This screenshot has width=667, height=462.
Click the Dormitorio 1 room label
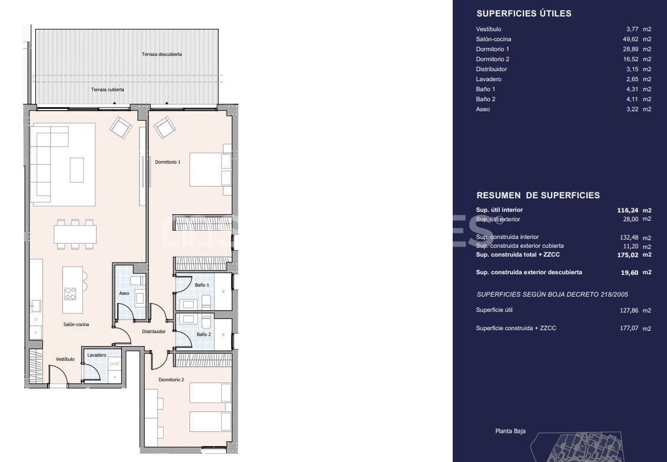(167, 162)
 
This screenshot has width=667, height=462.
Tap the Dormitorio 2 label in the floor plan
(171, 380)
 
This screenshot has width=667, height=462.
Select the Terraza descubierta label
(161, 54)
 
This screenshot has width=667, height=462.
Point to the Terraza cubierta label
(107, 90)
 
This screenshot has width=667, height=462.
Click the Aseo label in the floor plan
(124, 293)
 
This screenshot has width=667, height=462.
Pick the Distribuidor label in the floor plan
(154, 331)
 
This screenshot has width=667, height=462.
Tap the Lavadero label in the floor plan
(97, 355)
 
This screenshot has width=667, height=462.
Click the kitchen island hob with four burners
(70, 293)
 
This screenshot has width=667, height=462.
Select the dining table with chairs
(75, 234)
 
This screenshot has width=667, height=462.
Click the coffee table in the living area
(77, 170)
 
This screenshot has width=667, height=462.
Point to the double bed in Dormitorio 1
(210, 169)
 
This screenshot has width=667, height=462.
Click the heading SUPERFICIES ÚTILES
(523, 14)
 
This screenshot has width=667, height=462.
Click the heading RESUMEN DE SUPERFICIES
(537, 195)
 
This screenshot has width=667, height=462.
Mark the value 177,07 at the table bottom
(629, 328)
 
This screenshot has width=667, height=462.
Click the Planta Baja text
(510, 431)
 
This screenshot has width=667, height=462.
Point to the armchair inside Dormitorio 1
(164, 127)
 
